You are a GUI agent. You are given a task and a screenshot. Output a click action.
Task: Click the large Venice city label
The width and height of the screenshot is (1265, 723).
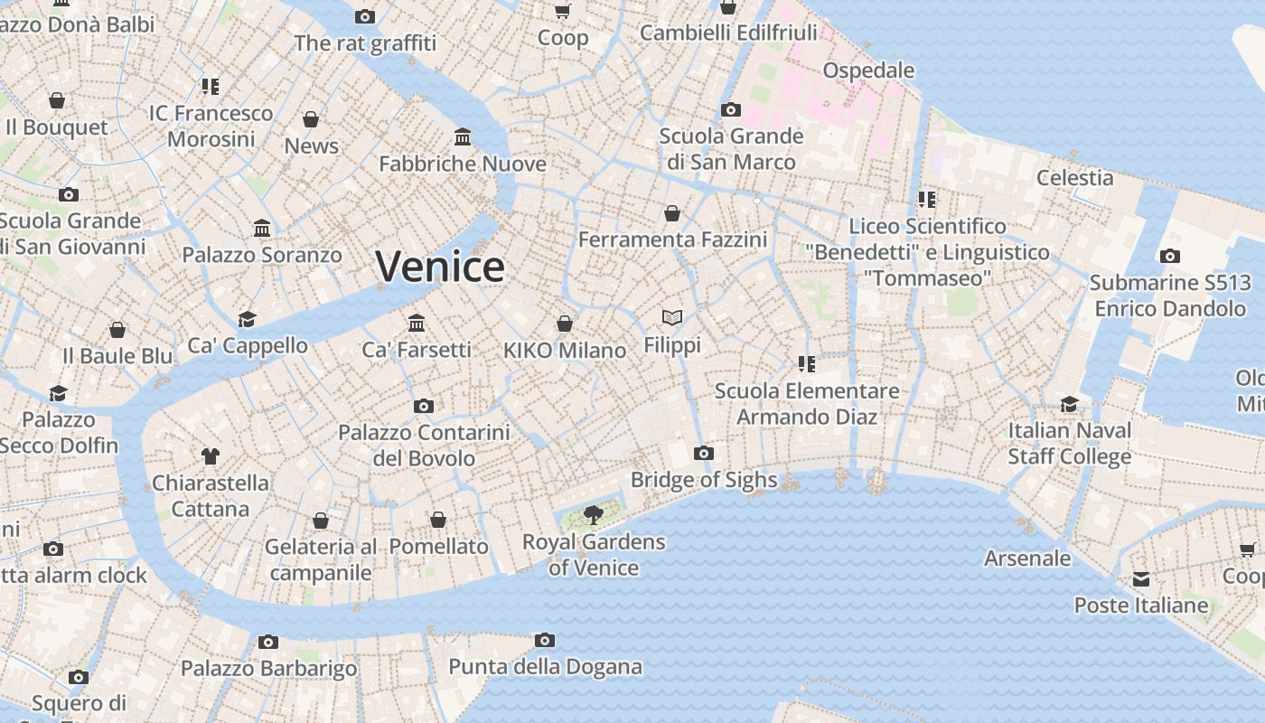coord(440,267)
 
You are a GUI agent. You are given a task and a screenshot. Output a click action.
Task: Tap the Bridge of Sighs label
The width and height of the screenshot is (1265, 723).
coord(704,480)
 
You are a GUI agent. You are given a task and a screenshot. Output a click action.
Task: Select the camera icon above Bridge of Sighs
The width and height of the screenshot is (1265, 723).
coord(704,453)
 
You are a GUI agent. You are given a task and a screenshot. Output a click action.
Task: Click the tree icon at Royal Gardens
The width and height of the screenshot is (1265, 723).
coord(594,515)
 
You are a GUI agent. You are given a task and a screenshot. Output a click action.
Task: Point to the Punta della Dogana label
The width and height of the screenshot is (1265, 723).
coord(545,668)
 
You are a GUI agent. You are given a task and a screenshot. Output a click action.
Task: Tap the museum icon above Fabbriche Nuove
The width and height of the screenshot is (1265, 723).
coord(463,136)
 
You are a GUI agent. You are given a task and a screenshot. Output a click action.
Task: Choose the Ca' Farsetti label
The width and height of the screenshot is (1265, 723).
coord(417,350)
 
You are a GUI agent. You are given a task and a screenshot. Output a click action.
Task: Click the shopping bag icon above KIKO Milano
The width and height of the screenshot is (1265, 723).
coord(565,324)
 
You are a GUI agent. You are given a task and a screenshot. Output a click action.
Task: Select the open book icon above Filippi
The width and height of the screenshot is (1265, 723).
coord(671,317)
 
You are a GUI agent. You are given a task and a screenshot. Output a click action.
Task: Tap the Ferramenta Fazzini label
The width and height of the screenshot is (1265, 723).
coord(672,239)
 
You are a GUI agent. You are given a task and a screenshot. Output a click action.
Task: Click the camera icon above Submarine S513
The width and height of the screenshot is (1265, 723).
coord(1170,256)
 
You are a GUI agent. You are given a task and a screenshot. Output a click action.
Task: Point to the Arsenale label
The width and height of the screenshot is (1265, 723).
coord(1027,559)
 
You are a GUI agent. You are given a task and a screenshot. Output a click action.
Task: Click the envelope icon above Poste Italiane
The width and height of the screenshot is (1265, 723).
coord(1141,578)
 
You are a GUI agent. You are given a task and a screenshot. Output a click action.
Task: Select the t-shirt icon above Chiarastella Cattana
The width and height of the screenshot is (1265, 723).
coord(211,455)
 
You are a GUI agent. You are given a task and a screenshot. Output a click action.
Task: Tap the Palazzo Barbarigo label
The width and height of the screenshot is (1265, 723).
coord(268,669)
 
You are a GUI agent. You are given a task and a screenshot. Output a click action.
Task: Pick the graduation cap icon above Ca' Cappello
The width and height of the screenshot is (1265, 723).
coord(247,318)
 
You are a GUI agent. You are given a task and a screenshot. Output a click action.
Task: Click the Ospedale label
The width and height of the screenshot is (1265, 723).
coord(868,70)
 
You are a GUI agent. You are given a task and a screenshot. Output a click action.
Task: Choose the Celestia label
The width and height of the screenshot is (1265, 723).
coord(1074,177)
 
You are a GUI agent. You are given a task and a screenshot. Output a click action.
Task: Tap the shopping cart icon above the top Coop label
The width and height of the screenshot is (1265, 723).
coord(562,11)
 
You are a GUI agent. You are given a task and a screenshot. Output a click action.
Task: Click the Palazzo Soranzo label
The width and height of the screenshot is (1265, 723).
coord(262,255)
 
